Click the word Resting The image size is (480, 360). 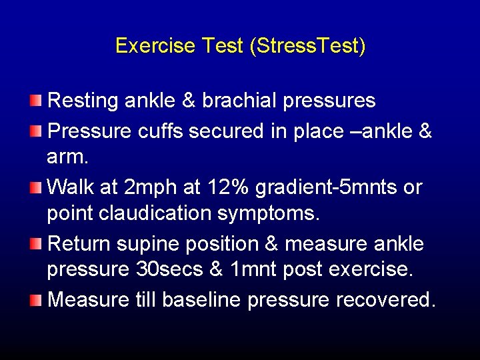pyautogui.click(x=82, y=101)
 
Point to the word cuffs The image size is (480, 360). pyautogui.click(x=161, y=131)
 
